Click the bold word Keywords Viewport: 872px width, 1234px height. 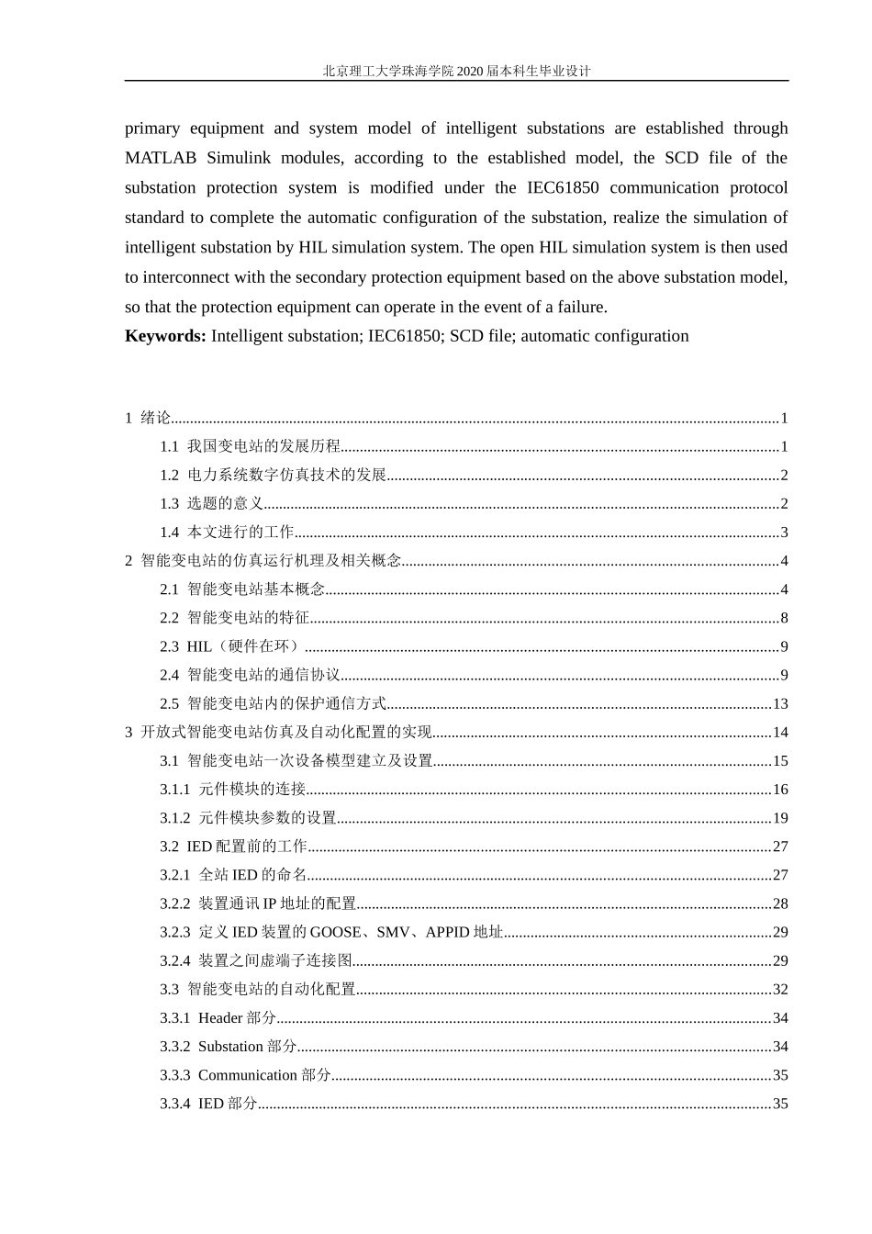[x=165, y=336]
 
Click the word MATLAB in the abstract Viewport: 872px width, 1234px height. [x=161, y=158]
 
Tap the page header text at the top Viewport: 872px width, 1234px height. [x=456, y=71]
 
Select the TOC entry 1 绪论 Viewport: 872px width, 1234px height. [x=149, y=419]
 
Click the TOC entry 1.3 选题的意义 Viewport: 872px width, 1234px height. [x=212, y=504]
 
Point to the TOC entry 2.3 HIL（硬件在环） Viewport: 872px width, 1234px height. [x=231, y=647]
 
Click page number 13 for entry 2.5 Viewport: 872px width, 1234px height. [x=780, y=704]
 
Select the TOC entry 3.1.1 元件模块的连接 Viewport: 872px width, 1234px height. [x=233, y=790]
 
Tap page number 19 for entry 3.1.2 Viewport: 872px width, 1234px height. [x=780, y=818]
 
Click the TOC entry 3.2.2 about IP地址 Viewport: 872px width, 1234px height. [x=258, y=904]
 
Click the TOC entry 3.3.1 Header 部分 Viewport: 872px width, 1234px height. [x=218, y=1018]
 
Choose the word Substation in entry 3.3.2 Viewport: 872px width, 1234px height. [x=230, y=1047]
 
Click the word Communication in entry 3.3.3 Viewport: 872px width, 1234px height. [x=247, y=1075]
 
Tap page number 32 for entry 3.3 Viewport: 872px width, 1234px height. [x=780, y=990]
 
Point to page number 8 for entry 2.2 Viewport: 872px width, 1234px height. [x=784, y=619]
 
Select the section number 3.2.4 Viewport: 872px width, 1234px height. [x=175, y=961]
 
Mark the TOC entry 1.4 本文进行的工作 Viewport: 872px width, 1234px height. [x=227, y=533]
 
